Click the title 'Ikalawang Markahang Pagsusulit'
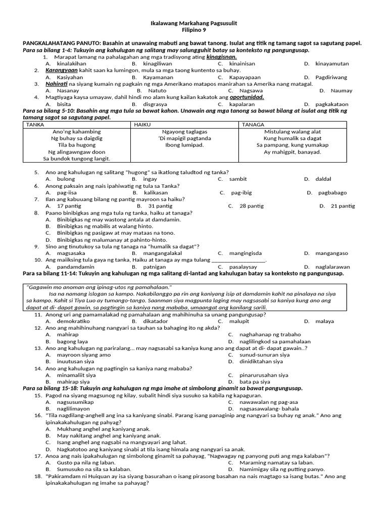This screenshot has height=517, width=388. point(194,24)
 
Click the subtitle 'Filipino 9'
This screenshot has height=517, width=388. point(194,30)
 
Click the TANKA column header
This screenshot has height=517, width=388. point(35,124)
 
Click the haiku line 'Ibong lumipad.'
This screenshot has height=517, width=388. point(184,145)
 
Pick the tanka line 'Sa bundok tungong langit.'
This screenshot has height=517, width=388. point(76,159)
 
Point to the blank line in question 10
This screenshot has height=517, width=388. point(238,260)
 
